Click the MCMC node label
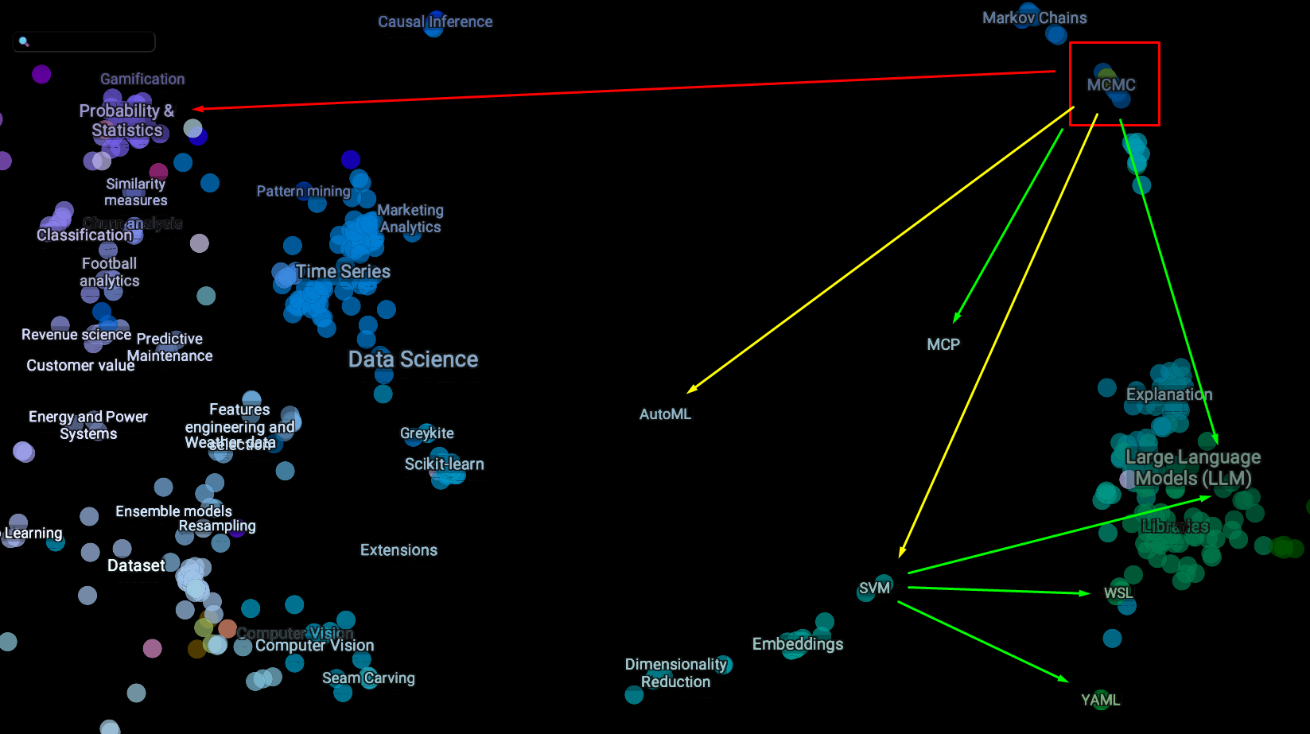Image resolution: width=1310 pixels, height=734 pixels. [1111, 84]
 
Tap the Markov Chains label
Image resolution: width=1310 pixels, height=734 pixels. [1034, 17]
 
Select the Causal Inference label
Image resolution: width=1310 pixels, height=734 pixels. [435, 21]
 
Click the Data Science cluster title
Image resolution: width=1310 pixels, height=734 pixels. [413, 359]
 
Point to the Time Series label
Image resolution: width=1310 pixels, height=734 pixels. [343, 271]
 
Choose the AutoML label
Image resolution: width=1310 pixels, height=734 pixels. [665, 414]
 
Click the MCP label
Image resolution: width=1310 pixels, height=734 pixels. [943, 344]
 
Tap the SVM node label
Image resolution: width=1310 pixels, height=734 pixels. [874, 588]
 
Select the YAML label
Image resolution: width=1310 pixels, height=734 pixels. [1100, 700]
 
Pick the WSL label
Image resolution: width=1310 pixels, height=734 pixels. [1118, 592]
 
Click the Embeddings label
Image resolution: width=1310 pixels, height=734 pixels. [798, 643]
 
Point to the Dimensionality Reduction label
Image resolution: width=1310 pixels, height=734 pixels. [676, 673]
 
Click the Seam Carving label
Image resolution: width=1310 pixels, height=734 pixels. [368, 678]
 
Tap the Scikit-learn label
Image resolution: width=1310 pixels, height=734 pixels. [444, 464]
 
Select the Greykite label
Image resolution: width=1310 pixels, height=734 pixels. [427, 433]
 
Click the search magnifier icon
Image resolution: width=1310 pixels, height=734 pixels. [24, 41]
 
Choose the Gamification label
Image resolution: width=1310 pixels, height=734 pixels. [142, 79]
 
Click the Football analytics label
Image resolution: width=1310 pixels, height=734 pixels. [110, 272]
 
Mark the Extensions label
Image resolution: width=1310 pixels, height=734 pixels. [398, 550]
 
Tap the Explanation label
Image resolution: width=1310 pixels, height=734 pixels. [1168, 394]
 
